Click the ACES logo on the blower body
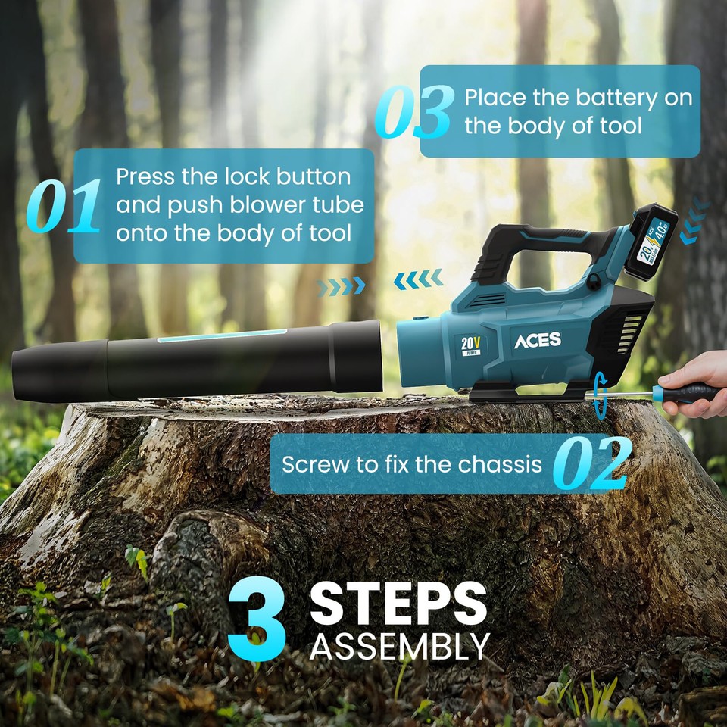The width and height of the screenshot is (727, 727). (538, 340)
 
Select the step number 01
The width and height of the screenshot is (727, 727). (64, 206)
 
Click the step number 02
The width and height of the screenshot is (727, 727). (591, 463)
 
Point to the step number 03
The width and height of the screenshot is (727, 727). (414, 112)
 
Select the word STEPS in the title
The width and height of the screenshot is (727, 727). (398, 604)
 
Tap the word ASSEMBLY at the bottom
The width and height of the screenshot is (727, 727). (399, 647)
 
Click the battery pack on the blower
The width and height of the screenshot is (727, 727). (654, 242)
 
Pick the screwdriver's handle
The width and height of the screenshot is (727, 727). (687, 392)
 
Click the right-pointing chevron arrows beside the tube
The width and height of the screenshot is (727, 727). (341, 286)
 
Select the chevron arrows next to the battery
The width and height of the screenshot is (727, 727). (693, 223)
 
